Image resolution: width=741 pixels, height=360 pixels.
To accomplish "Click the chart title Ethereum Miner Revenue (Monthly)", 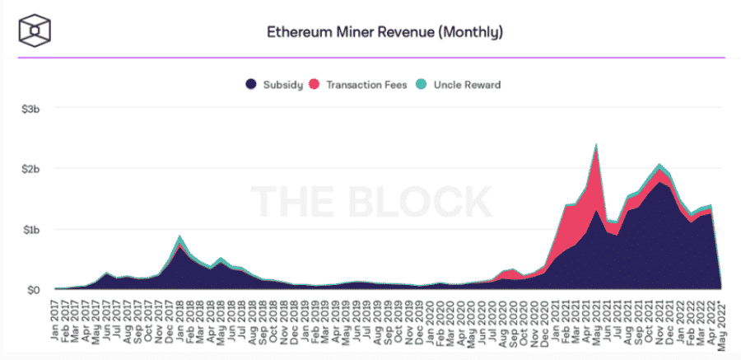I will (384, 33).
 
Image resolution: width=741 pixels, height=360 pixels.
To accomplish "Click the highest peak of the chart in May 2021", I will (596, 145).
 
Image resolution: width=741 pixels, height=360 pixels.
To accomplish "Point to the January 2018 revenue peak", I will (179, 236).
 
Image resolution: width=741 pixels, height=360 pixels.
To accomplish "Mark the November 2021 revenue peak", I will (659, 165).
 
